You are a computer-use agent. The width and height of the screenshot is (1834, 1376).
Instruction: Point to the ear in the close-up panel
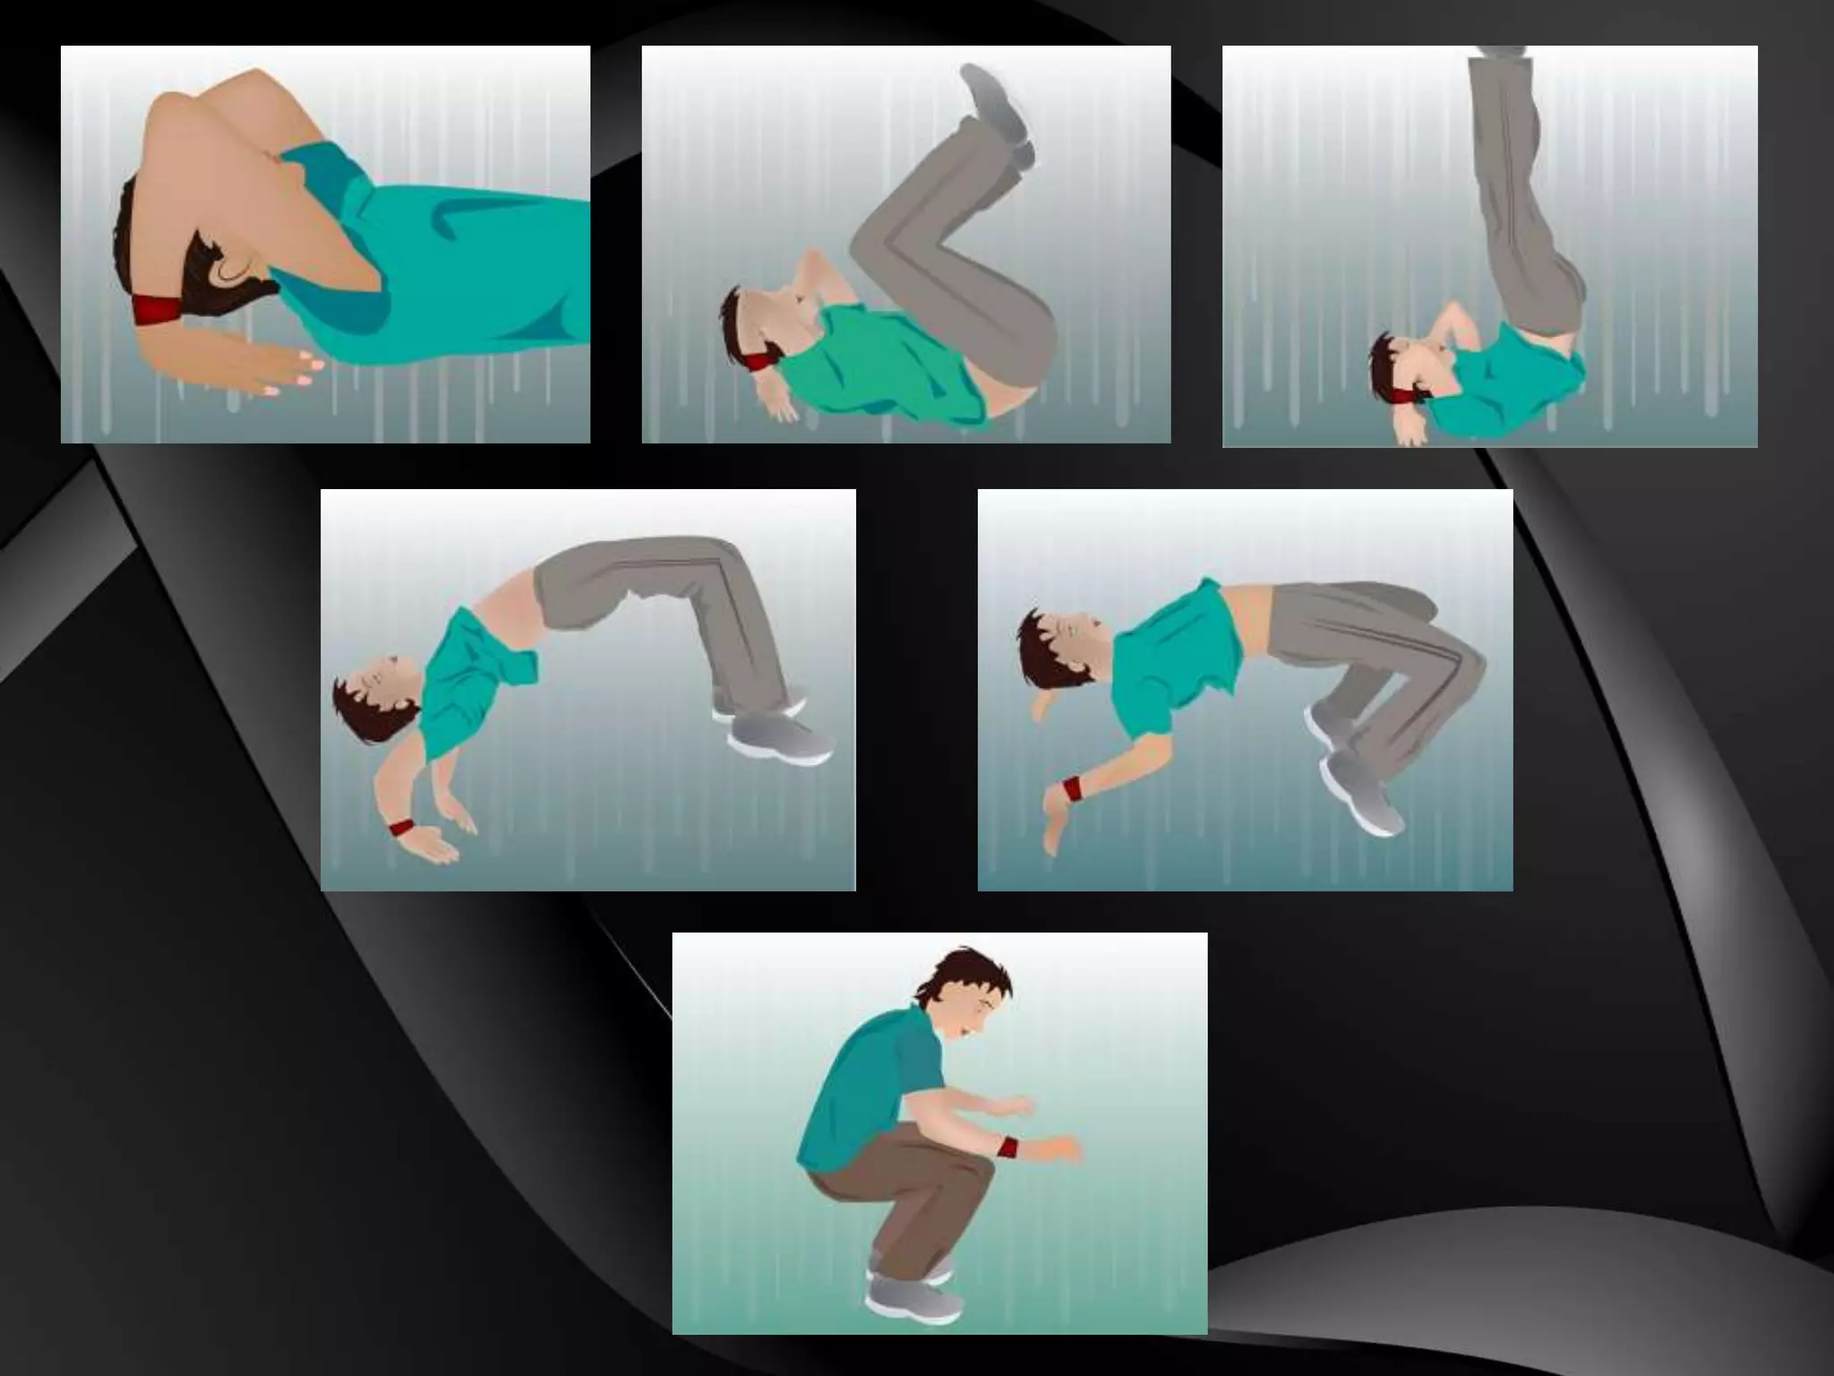(x=236, y=265)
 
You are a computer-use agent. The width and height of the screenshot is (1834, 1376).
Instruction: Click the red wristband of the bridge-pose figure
(x=403, y=827)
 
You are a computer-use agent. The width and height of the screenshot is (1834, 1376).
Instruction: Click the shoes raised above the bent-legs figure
(x=999, y=113)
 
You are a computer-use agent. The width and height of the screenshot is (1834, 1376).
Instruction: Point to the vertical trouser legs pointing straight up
(x=1522, y=197)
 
